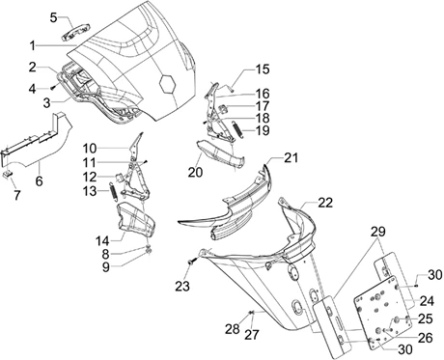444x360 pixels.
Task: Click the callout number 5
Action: [54, 17]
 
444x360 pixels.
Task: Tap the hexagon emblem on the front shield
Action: [168, 84]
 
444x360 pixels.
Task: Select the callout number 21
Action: [291, 158]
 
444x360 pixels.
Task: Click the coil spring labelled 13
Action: [113, 192]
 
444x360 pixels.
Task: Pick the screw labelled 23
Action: [191, 263]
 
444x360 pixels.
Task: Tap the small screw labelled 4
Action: [52, 88]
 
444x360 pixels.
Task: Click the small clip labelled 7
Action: [8, 174]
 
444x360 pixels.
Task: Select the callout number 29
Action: [377, 232]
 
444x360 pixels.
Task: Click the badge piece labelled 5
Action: [75, 33]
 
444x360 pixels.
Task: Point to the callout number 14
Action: [102, 240]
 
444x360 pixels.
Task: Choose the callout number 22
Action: [325, 203]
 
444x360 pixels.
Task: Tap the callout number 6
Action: [39, 180]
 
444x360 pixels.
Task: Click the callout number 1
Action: [32, 46]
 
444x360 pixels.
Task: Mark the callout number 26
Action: [425, 338]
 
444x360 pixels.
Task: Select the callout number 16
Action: [263, 94]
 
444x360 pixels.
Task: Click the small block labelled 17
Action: [223, 108]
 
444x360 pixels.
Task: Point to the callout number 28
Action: [232, 328]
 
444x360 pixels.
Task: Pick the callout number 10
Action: [90, 149]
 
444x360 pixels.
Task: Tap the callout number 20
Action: [195, 173]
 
